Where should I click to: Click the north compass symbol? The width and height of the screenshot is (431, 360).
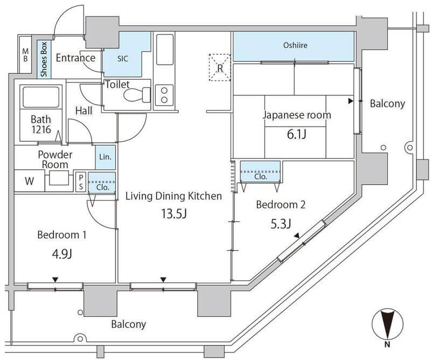387,325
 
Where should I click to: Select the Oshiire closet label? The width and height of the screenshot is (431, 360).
295,45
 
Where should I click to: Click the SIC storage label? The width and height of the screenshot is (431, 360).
123,59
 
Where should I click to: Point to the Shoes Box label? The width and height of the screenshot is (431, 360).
44,59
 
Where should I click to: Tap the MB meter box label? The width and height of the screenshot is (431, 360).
25,55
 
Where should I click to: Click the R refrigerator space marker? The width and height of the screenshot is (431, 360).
220,68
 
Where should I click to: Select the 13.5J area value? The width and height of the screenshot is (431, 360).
173,213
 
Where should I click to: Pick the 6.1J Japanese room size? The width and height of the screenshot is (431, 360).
297,135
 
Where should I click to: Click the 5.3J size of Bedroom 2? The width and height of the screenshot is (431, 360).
281,224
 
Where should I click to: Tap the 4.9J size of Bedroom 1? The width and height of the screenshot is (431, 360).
62,254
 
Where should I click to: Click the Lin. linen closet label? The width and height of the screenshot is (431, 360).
105,157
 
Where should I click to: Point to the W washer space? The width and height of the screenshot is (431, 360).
30,181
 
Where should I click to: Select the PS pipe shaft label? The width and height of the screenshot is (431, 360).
81,182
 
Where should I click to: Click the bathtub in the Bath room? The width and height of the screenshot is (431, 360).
41,97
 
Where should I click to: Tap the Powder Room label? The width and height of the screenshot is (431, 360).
55,160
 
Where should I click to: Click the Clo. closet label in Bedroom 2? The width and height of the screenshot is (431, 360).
261,176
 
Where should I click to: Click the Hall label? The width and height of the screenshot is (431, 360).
84,110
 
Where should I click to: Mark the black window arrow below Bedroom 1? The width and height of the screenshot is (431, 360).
55,280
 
